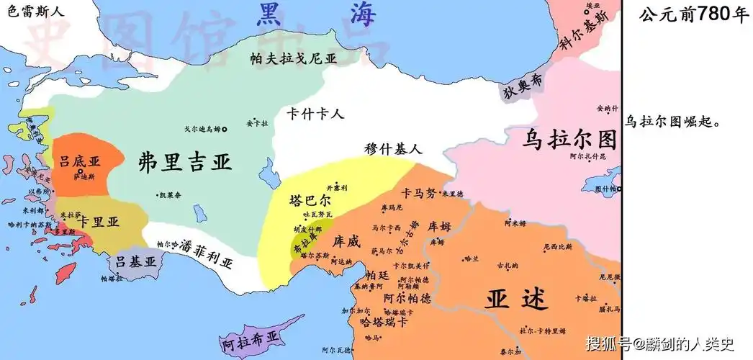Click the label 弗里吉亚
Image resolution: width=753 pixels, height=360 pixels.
tap(185, 161)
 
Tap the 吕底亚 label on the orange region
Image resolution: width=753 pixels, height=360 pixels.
tap(79, 162)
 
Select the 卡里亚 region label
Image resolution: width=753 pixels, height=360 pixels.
tap(99, 222)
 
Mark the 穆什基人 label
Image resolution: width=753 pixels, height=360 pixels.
tap(393, 149)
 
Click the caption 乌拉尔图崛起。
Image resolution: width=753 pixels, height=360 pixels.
tap(672, 122)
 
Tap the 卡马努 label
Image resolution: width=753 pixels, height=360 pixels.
tap(420, 193)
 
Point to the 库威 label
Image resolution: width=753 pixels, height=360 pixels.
tap(346, 243)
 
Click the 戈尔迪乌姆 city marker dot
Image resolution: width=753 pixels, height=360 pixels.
tap(225, 129)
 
